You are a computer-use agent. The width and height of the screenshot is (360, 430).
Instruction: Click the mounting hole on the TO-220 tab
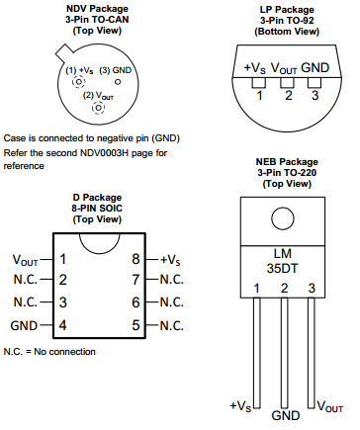(x=283, y=218)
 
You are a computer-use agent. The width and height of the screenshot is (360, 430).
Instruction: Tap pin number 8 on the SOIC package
(x=135, y=259)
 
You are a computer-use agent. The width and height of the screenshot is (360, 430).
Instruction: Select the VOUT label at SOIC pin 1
(x=25, y=260)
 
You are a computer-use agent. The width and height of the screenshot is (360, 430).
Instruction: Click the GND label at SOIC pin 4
(x=24, y=325)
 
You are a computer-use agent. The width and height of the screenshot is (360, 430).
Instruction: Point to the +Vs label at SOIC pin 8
(x=170, y=260)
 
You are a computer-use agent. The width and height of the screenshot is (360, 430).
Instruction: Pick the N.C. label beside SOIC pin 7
(x=172, y=280)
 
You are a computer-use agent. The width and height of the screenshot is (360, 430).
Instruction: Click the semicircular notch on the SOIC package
(x=99, y=244)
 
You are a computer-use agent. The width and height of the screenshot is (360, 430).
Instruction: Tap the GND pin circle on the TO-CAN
(x=118, y=81)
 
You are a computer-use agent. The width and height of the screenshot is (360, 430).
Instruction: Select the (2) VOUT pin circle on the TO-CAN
(x=98, y=108)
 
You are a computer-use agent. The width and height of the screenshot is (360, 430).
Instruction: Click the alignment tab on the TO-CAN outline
(x=64, y=52)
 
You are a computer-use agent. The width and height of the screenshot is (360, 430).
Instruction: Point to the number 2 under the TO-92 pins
(x=289, y=96)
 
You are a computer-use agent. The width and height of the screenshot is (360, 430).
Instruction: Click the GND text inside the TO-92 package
(x=315, y=67)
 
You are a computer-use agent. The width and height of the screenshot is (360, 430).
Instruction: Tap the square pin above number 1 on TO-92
(x=259, y=83)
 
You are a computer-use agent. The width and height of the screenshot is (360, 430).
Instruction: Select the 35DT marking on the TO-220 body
(x=282, y=268)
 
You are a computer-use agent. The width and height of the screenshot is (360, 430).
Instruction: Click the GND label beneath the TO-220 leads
(x=286, y=415)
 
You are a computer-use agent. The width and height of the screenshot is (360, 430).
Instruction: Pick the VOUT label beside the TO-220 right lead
(x=330, y=406)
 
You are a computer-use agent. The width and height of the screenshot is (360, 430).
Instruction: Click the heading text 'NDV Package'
(x=97, y=9)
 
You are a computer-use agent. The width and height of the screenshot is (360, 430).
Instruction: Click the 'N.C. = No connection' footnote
(x=49, y=352)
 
